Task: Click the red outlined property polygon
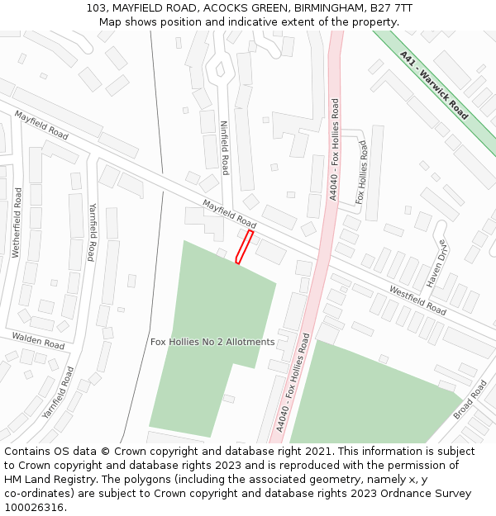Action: (x=244, y=247)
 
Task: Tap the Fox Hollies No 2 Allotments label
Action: (x=212, y=342)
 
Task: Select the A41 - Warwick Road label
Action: (x=433, y=85)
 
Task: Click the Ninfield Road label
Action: (x=224, y=148)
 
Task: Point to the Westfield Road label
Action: (x=417, y=301)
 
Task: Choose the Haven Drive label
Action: (x=436, y=264)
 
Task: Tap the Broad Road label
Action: (x=470, y=399)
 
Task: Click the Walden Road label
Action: (x=38, y=339)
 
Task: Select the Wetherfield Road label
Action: (x=17, y=222)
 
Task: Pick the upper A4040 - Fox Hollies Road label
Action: (x=334, y=149)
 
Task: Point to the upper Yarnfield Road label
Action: (x=92, y=232)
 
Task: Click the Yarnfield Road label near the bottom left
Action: (x=58, y=391)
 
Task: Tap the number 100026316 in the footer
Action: (x=34, y=507)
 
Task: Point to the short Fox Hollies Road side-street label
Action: (x=361, y=172)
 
